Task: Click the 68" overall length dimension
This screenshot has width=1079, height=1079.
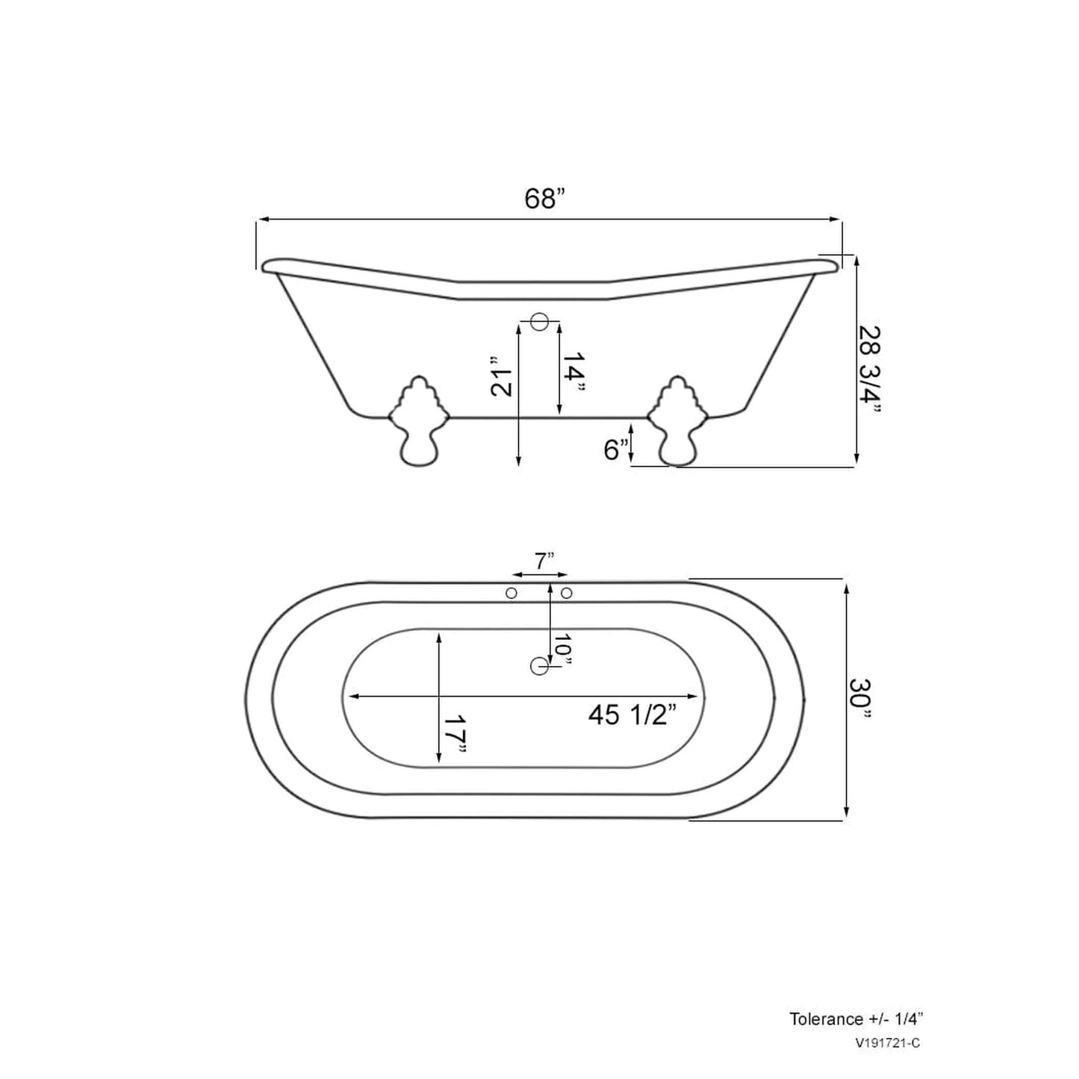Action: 545,199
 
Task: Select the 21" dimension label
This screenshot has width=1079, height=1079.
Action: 503,382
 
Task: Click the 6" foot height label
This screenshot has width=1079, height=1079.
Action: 615,450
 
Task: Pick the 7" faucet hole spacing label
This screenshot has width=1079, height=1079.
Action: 544,560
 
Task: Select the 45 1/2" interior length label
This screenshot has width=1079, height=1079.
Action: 632,715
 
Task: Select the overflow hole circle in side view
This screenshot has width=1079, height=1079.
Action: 539,323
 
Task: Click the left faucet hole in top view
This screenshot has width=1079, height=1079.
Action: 511,593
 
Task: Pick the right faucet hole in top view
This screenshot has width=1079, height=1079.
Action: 566,593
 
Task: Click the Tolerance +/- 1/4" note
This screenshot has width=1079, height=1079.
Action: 859,1019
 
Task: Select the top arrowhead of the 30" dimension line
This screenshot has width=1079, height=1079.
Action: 846,588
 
